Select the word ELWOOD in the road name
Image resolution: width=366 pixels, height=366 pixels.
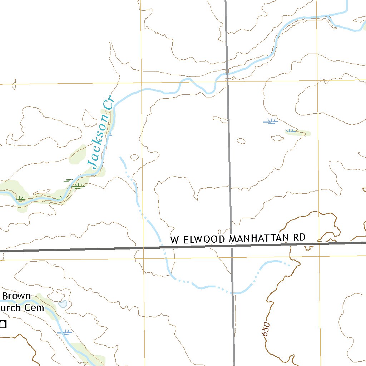203,239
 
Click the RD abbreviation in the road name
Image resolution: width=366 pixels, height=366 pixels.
300,237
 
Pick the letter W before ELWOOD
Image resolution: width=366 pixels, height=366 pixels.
174,239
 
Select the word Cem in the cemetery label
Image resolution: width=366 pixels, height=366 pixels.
36,307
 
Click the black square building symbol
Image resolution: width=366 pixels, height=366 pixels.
3,325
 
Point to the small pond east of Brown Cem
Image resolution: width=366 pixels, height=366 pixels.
63,304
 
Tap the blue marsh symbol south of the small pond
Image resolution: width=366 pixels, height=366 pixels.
65,332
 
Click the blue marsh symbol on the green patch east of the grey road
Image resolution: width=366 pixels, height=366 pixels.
291,130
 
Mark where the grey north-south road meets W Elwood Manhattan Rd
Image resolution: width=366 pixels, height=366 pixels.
231,247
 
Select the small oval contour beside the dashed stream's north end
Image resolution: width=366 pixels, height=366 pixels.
135,157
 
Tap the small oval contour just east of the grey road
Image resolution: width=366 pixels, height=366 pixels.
241,141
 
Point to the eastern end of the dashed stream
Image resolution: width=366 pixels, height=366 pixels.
289,265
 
